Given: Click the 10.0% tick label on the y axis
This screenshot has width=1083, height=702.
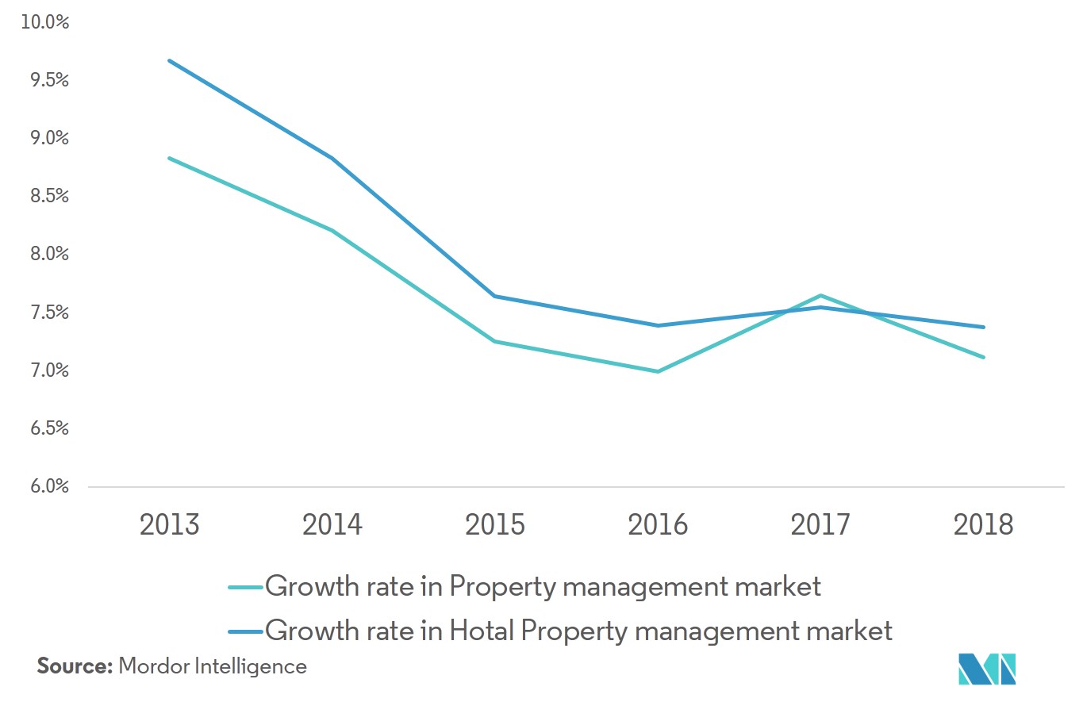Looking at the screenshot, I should coord(45,22).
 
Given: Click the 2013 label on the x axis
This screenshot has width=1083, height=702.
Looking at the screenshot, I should coord(169,524).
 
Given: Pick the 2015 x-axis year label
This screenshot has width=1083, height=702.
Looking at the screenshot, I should coord(495,524).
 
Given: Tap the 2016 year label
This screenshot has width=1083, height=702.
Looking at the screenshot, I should coord(658,524).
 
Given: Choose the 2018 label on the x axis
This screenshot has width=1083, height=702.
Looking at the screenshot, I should coord(984,524).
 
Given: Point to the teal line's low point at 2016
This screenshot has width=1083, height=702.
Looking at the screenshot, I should coord(658,371).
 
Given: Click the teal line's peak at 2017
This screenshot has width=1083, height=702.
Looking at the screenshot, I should coord(821,296).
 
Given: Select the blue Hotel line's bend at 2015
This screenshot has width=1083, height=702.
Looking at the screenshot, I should coord(495,296).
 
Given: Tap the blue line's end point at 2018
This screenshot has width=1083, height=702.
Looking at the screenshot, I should coord(984,327).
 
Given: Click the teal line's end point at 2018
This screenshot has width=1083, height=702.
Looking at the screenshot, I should coord(984,357).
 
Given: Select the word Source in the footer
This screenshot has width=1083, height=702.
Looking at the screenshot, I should coord(75,666).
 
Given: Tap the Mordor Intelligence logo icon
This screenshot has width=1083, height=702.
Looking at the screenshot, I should coord(987,669).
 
